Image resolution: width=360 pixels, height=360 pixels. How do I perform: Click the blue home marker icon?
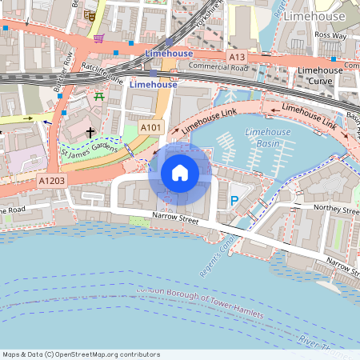point(180,173)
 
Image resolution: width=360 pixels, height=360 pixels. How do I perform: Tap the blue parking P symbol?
point(234,201)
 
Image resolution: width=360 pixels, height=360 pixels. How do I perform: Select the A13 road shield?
point(236,57)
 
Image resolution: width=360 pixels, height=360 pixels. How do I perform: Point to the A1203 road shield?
point(52,182)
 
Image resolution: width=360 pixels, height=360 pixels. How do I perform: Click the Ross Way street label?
point(330,35)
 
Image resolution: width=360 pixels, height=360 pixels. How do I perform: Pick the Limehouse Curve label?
point(320,76)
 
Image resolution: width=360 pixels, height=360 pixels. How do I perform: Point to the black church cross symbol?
point(90,131)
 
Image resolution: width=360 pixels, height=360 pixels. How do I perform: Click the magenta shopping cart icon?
point(98,38)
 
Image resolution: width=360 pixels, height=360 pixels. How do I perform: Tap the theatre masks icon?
point(91,14)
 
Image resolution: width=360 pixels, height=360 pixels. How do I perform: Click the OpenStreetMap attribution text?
point(82,354)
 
